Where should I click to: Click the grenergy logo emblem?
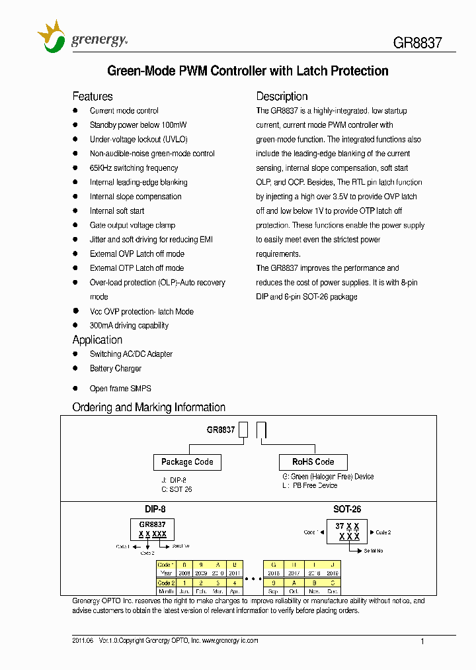tap(52, 36)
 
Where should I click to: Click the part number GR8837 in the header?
tap(417, 44)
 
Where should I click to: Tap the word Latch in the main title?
tap(313, 71)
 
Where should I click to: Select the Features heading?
tap(93, 96)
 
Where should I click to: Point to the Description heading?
tap(282, 96)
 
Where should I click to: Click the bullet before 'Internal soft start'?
tap(75, 211)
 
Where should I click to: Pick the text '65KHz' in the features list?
tap(101, 168)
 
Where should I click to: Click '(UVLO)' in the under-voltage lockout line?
tap(175, 140)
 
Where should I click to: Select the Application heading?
tap(97, 340)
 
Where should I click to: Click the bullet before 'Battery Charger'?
tap(75, 368)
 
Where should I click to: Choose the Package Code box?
tap(187, 462)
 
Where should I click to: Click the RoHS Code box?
tap(313, 462)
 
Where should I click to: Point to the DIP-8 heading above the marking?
tap(155, 509)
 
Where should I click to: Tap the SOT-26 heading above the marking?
tap(347, 509)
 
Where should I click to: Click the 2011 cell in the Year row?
tap(235, 573)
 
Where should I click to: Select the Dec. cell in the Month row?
tap(334, 591)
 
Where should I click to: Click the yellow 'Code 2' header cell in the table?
tap(166, 582)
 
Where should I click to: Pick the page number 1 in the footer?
tap(422, 641)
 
